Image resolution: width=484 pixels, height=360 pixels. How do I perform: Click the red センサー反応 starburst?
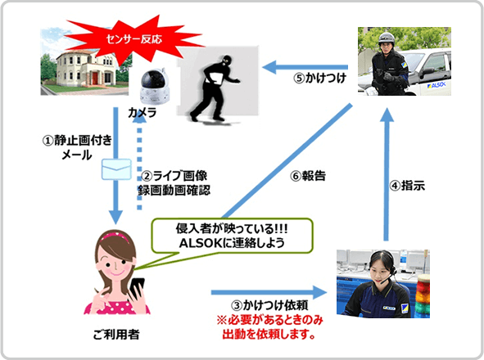(x=133, y=38)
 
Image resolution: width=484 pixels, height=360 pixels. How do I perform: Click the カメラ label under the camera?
(x=142, y=113)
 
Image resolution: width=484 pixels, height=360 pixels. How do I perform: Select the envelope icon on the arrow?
(x=116, y=169)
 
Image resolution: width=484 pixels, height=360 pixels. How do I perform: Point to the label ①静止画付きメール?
(x=77, y=148)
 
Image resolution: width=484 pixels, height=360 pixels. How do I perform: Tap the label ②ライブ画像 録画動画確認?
(x=174, y=183)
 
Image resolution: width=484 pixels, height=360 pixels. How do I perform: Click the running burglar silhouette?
(x=215, y=88)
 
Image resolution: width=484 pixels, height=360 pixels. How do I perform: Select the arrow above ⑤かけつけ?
(x=305, y=67)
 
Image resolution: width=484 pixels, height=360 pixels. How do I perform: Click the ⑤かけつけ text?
(x=319, y=79)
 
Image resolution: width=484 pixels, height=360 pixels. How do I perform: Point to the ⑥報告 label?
(x=308, y=176)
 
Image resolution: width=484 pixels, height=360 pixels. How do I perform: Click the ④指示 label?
(x=407, y=186)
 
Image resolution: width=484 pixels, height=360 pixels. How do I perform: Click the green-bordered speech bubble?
(x=232, y=236)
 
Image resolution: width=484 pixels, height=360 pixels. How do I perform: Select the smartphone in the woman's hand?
(x=138, y=289)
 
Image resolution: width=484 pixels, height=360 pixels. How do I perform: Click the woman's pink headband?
(x=115, y=236)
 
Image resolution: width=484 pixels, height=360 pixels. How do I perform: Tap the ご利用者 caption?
(x=116, y=335)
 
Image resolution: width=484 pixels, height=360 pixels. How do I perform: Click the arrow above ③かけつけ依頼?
(x=269, y=292)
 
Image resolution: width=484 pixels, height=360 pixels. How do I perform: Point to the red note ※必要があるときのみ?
(x=269, y=320)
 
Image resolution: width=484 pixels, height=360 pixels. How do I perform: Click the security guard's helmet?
(x=387, y=38)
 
